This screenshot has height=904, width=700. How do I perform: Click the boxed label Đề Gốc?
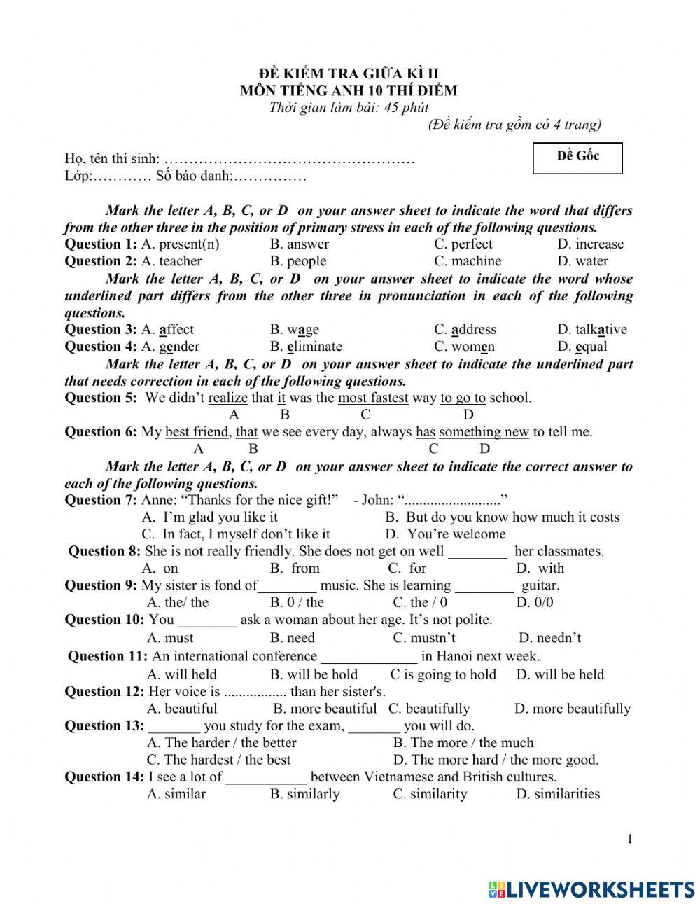[x=577, y=156]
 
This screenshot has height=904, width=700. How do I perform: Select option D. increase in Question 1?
[x=590, y=244]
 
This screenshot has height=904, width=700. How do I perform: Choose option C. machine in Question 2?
[x=467, y=261]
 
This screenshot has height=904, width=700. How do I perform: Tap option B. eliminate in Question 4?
[x=306, y=347]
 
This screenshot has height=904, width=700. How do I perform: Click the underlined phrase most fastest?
[x=373, y=398]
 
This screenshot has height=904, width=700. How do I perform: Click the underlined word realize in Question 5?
[x=228, y=398]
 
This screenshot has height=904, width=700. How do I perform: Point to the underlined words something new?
[x=484, y=432]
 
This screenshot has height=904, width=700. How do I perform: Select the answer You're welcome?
[x=445, y=534]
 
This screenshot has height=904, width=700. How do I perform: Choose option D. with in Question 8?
[x=540, y=569]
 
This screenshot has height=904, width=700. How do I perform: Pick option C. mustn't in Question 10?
[x=424, y=638]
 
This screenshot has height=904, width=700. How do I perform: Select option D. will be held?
[x=560, y=675]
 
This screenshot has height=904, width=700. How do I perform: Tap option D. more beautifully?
[x=572, y=709]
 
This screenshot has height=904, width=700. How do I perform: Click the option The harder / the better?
[x=221, y=743]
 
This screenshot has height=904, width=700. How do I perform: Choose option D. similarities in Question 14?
[x=558, y=794]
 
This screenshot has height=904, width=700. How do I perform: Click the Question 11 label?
[x=107, y=657]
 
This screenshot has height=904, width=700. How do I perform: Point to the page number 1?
[x=630, y=840]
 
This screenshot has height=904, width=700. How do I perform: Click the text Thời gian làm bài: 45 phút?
[x=349, y=108]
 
